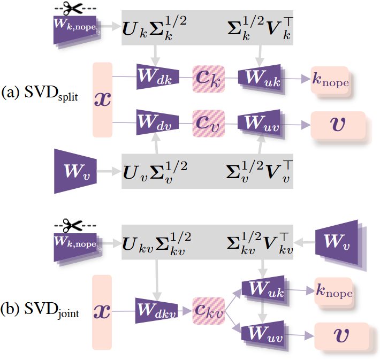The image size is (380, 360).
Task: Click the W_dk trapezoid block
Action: pyautogui.click(x=158, y=76)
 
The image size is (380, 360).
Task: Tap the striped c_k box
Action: pyautogui.click(x=208, y=79)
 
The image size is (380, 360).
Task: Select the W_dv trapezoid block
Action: pyautogui.click(x=157, y=122)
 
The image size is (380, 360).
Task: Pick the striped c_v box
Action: pyautogui.click(x=208, y=124)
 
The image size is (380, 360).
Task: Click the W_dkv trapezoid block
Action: pyautogui.click(x=156, y=311)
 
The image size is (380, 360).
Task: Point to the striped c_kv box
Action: pyautogui.click(x=208, y=311)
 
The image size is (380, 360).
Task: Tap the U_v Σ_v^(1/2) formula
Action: pyautogui.click(x=155, y=172)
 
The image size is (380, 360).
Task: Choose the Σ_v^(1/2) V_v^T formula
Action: pyautogui.click(x=260, y=172)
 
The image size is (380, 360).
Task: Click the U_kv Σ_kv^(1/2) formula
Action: pyautogui.click(x=157, y=243)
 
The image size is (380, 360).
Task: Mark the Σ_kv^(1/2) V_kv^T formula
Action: pyautogui.click(x=260, y=243)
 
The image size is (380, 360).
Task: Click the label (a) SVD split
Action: pyautogui.click(x=40, y=93)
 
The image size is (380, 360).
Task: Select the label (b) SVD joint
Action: pyautogui.click(x=40, y=310)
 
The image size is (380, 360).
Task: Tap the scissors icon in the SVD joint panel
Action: pyautogui.click(x=72, y=225)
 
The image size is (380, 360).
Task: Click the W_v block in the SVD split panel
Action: pyautogui.click(x=75, y=171)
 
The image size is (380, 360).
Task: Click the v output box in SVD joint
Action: pyautogui.click(x=341, y=336)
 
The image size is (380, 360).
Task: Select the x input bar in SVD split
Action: pyautogui.click(x=103, y=100)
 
